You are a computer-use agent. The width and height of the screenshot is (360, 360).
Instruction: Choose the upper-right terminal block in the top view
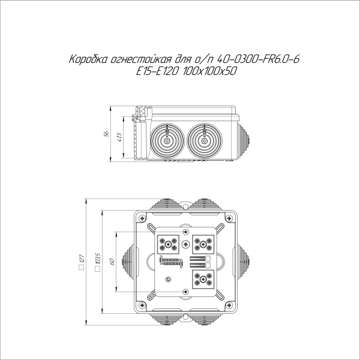[x=203, y=244]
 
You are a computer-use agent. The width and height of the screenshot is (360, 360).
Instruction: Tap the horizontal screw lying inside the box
[x=172, y=261]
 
